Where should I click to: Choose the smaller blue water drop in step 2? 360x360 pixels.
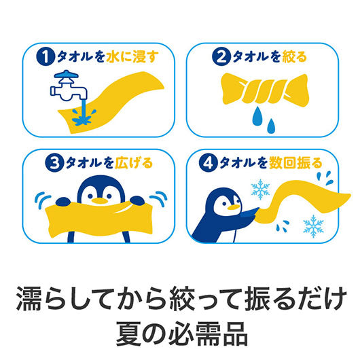pyautogui.click(x=272, y=126)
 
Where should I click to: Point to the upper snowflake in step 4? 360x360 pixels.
pyautogui.click(x=259, y=189)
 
